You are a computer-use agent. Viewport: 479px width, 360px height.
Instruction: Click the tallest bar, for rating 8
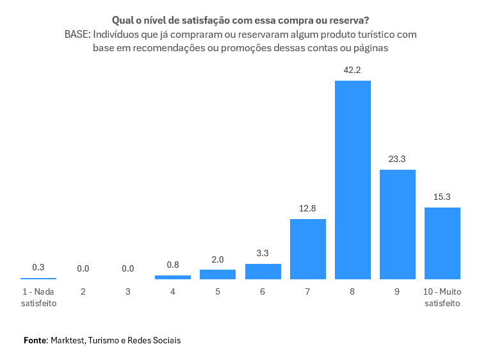click(x=353, y=179)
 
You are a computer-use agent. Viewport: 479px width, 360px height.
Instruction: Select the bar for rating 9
click(x=398, y=224)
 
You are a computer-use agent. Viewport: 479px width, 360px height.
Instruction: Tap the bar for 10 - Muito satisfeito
click(x=442, y=243)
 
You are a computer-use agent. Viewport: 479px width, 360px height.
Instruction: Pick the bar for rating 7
click(x=308, y=249)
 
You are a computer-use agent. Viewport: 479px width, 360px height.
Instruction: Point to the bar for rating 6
click(x=263, y=272)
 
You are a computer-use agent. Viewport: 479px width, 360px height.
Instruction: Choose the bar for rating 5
click(x=218, y=274)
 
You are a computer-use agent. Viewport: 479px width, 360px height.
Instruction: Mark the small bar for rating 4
click(x=173, y=277)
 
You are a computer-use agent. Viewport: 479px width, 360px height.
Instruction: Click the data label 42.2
click(x=353, y=70)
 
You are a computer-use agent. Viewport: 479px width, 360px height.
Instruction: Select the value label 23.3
click(x=398, y=159)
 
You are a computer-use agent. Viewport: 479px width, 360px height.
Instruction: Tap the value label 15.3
click(x=442, y=197)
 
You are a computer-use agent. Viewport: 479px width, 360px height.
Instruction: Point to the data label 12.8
click(x=308, y=208)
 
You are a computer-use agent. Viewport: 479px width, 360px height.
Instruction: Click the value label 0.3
click(x=38, y=267)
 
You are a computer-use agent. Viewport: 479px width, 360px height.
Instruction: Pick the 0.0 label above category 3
click(x=128, y=268)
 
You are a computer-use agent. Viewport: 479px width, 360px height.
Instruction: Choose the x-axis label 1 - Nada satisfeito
click(x=38, y=297)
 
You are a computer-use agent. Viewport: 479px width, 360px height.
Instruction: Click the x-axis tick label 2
click(x=83, y=291)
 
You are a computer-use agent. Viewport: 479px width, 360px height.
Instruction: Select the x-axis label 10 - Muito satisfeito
click(x=442, y=297)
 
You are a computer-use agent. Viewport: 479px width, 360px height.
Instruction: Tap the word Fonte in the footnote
click(x=35, y=340)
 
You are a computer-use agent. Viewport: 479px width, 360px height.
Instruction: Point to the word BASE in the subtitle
click(x=77, y=35)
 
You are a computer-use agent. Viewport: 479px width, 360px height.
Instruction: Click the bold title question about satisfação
click(x=240, y=20)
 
